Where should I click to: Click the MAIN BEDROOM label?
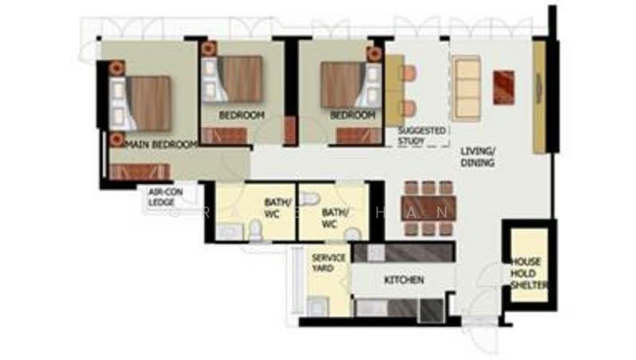161,145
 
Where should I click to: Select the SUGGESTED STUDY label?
422,135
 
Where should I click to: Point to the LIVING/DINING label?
477,157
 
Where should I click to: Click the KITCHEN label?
405,281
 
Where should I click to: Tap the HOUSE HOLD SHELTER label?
526,273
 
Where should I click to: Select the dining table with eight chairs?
427,209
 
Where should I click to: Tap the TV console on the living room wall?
539,97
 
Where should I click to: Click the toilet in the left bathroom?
255,230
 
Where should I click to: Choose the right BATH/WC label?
332,219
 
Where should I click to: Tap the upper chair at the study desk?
408,74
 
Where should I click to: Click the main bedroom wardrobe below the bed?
140,172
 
